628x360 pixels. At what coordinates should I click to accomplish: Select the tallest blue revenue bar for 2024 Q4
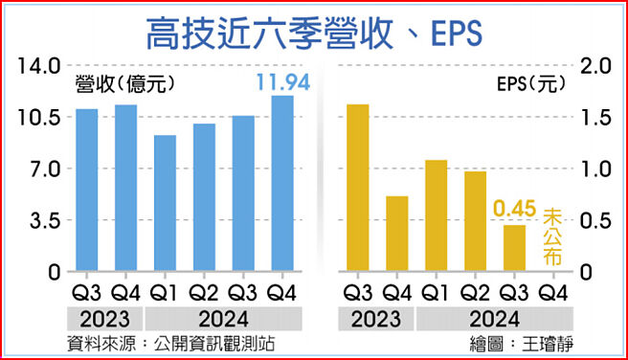(282, 184)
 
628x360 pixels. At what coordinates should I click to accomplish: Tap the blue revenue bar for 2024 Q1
(165, 203)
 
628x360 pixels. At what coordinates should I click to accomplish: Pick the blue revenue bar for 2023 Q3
(87, 191)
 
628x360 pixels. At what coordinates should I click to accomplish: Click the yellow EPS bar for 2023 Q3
(358, 188)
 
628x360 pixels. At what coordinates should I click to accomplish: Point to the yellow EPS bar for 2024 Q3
(515, 248)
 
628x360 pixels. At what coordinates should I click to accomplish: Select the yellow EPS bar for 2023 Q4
(397, 234)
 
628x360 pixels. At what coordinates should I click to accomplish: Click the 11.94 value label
(281, 83)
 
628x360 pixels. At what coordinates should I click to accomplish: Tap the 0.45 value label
(514, 209)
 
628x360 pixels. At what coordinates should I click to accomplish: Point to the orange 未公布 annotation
(554, 236)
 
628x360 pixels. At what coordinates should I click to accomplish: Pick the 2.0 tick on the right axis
(595, 66)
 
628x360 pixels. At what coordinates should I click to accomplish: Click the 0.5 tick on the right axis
(595, 221)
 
